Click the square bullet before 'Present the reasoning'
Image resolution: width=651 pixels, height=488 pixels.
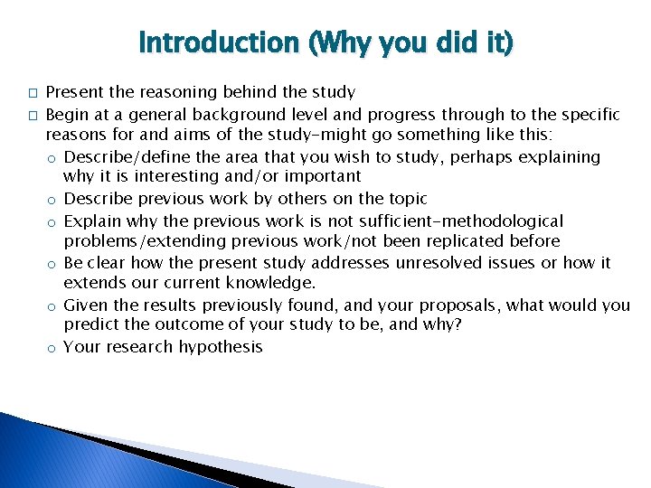point(32,93)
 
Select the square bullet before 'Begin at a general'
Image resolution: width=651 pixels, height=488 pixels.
point(32,116)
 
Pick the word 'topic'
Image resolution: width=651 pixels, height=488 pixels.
point(405,199)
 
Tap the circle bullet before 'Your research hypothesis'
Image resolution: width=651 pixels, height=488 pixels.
point(54,348)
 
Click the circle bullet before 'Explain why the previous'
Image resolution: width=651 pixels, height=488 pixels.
point(54,222)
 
